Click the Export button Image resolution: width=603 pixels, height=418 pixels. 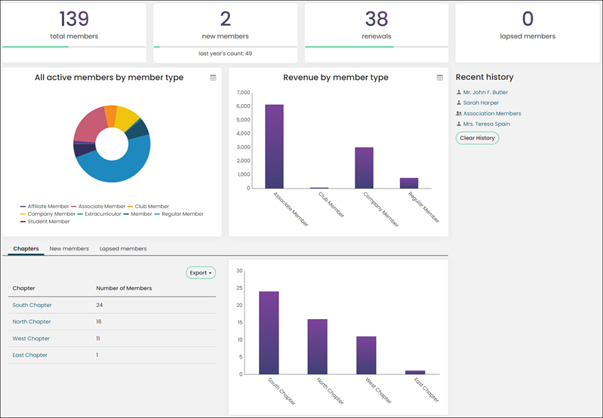(x=201, y=272)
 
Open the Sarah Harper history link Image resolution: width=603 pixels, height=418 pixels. (x=481, y=103)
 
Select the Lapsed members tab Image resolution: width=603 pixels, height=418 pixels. (x=123, y=249)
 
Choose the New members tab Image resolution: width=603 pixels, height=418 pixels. (x=69, y=249)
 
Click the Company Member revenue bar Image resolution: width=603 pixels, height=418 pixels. (x=364, y=168)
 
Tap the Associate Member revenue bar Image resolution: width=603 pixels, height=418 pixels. (x=274, y=146)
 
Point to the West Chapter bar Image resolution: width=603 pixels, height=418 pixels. (x=366, y=355)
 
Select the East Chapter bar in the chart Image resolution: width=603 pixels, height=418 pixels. (x=415, y=372)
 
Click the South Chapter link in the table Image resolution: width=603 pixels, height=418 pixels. (x=32, y=305)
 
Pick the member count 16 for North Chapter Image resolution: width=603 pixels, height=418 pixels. (x=99, y=321)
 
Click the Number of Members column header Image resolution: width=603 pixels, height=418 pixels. (x=124, y=288)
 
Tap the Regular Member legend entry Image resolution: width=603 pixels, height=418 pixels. (x=179, y=214)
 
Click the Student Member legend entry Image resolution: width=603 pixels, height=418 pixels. (x=45, y=222)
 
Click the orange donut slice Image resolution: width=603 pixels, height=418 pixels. (x=111, y=115)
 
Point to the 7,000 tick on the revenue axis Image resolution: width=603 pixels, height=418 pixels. (x=244, y=93)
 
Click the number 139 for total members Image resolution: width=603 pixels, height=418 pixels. (x=74, y=19)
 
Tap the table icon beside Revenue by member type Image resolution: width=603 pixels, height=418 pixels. (x=440, y=78)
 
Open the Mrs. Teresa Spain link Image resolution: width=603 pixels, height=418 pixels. (x=487, y=124)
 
